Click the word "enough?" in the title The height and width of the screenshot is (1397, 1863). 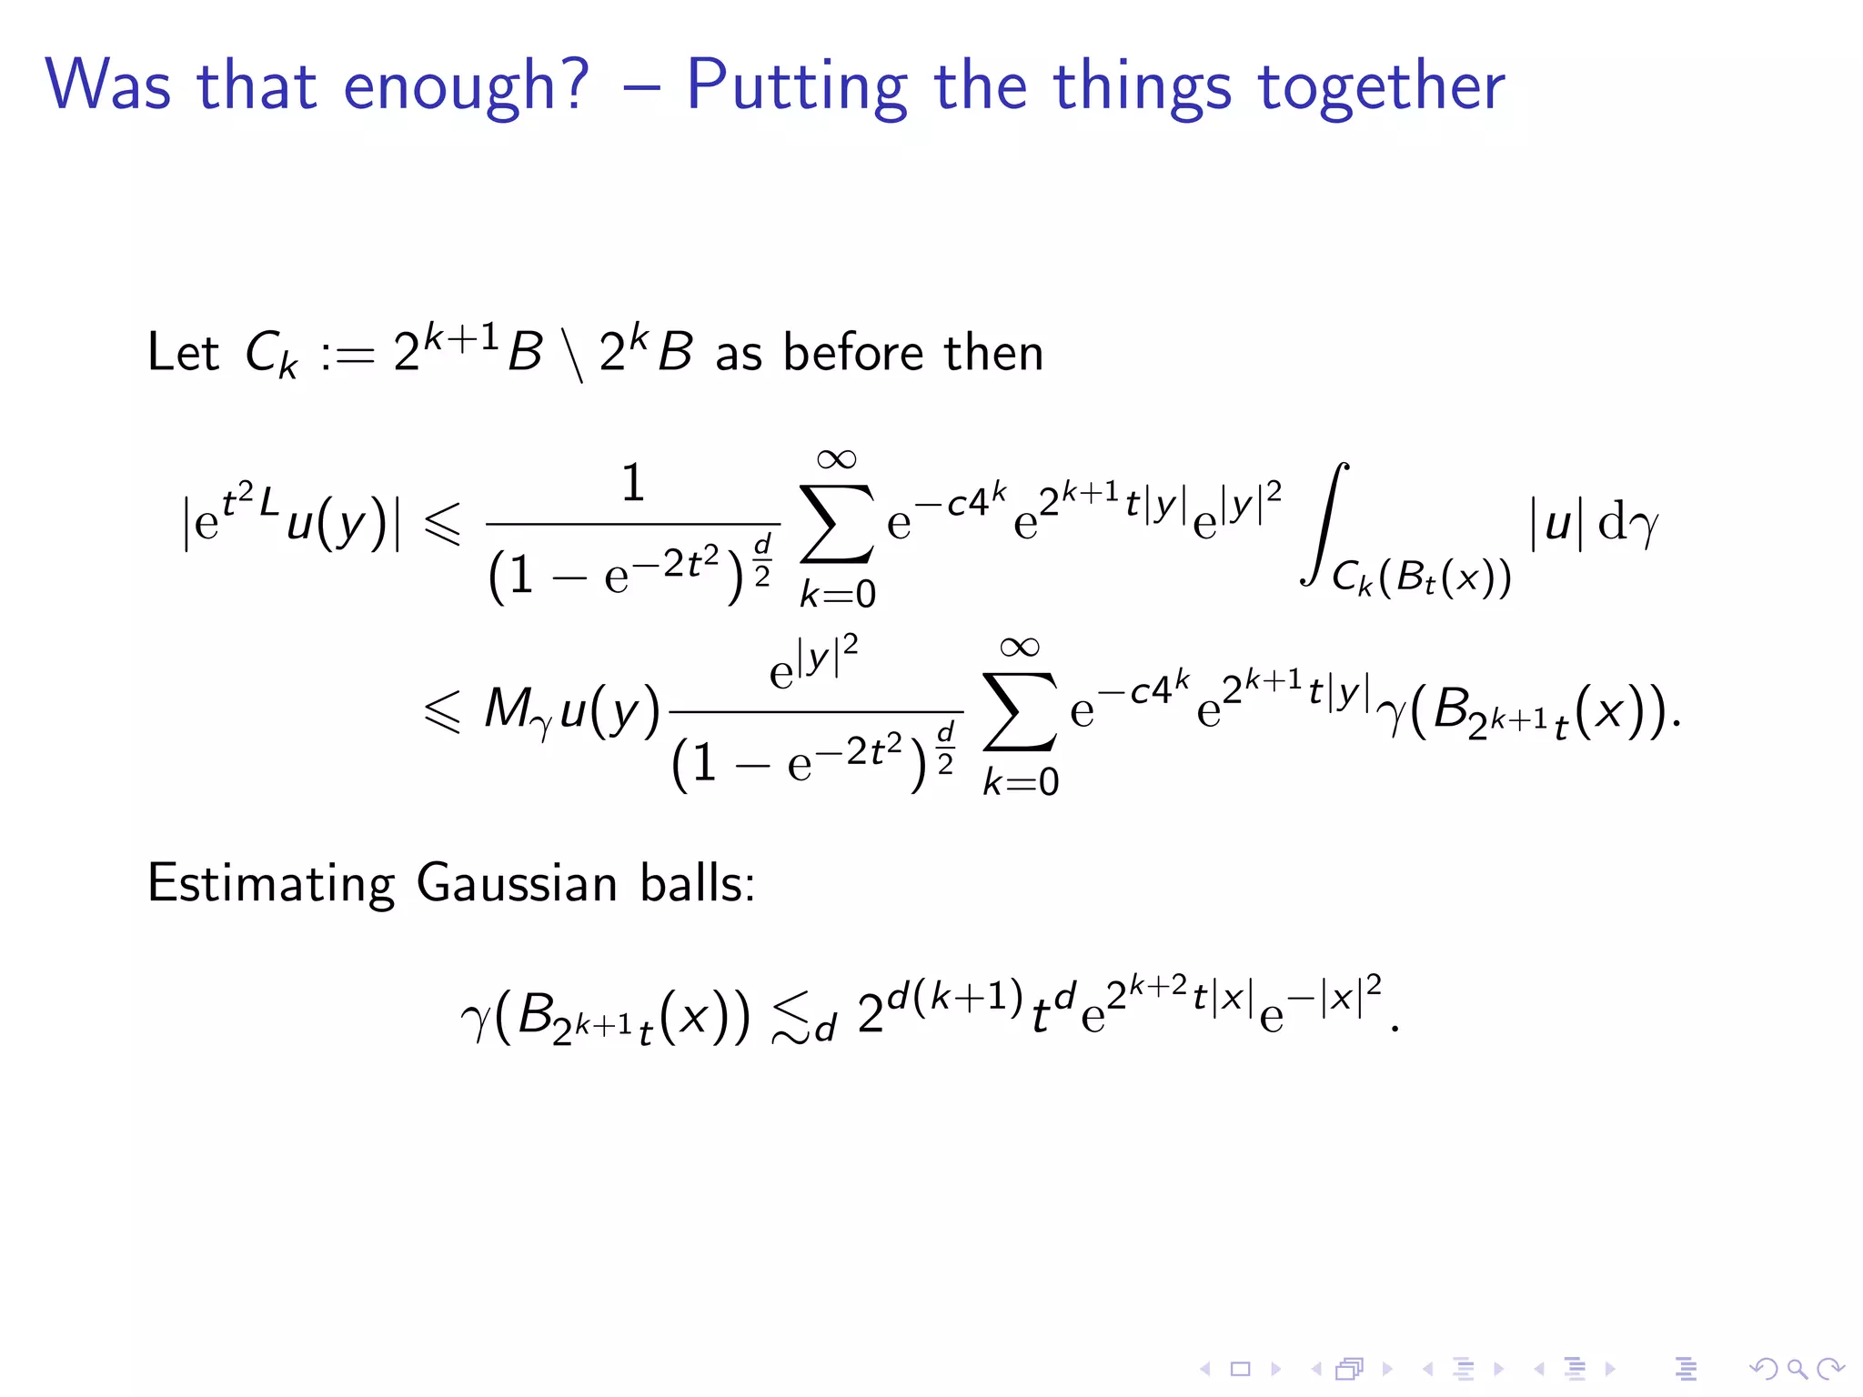tap(466, 86)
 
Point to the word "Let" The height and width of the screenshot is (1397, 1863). tap(183, 352)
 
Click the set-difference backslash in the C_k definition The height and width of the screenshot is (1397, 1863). tap(572, 356)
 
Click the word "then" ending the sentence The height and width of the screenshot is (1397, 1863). tap(993, 352)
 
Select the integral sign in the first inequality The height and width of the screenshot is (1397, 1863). tap(1324, 524)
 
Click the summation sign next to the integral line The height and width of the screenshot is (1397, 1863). tap(836, 525)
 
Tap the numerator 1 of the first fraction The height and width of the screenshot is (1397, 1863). tap(633, 483)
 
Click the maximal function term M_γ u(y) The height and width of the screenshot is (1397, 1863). tap(571, 709)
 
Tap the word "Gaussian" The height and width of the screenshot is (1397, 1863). tap(517, 883)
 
